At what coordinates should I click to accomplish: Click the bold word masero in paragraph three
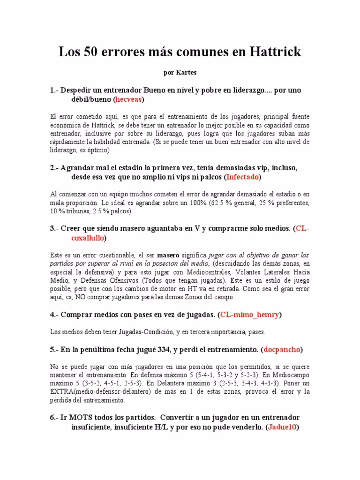(168, 255)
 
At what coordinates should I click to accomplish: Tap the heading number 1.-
(53, 90)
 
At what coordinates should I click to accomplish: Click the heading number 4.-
(53, 314)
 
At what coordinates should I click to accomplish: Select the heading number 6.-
(53, 417)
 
